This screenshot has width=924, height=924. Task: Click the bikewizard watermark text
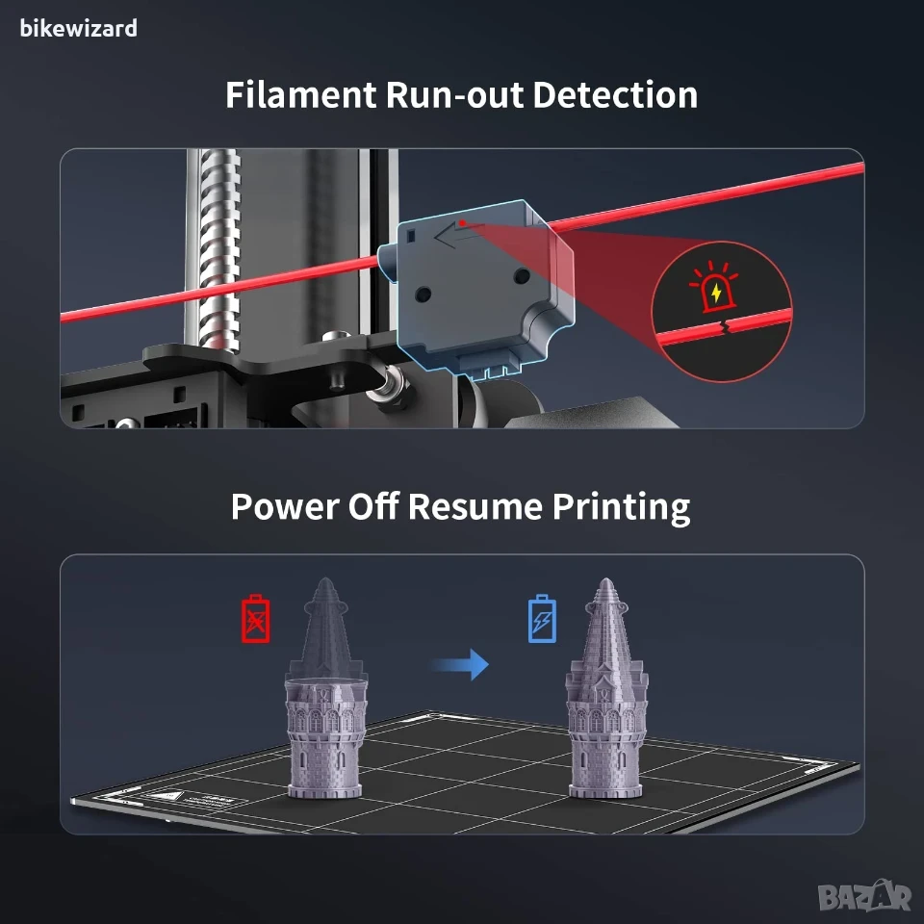click(78, 28)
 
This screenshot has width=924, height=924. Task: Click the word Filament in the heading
click(300, 94)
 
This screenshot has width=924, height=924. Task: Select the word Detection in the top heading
click(615, 94)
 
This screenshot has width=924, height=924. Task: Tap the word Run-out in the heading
click(454, 94)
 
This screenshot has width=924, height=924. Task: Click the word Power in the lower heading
click(284, 506)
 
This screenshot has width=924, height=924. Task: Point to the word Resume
click(475, 506)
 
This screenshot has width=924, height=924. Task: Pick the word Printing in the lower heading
click(621, 508)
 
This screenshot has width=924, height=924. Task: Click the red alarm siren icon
click(713, 287)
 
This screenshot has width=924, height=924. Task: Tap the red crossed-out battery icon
click(256, 618)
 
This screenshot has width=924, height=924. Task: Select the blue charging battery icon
click(542, 618)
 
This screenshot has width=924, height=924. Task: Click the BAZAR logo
click(864, 896)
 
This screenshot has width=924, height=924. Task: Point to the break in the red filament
click(726, 326)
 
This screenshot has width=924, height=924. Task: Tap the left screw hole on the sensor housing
click(423, 294)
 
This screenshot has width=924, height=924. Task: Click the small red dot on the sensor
click(463, 222)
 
